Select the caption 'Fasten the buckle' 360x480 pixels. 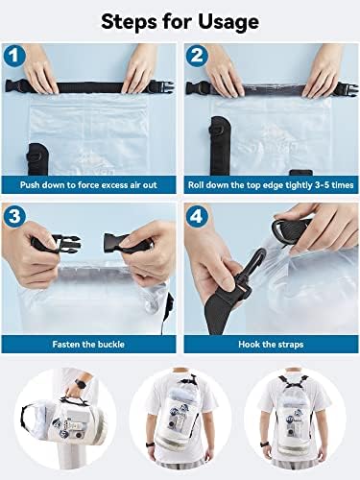pos(89,343)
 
